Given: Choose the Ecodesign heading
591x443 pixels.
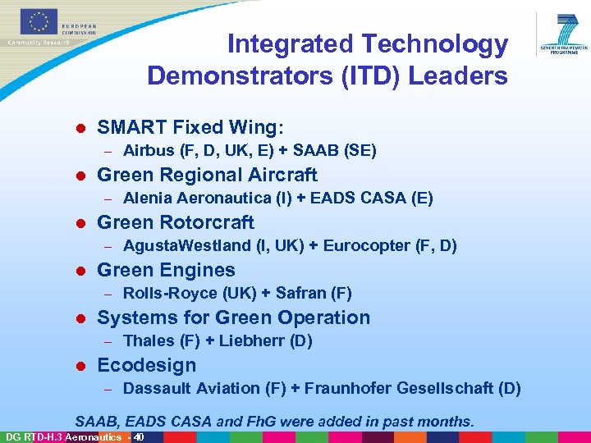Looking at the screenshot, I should (x=146, y=365).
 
